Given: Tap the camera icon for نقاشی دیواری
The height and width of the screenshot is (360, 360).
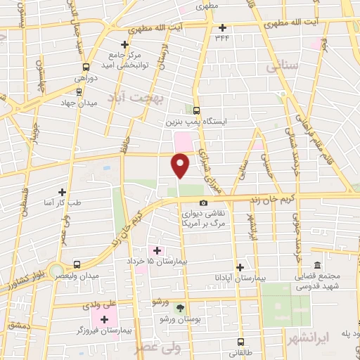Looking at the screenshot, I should click(x=204, y=203).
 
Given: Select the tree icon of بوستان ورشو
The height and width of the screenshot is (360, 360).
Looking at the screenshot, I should click(x=180, y=307).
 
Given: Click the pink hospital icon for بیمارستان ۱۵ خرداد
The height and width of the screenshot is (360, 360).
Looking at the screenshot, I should click(x=156, y=250).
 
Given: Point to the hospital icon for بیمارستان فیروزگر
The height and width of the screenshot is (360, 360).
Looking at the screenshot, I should click(x=105, y=320).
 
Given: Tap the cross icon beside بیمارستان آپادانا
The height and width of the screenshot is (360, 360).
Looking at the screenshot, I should click(x=240, y=267).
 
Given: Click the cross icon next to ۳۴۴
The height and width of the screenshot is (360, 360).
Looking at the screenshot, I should click(x=223, y=28).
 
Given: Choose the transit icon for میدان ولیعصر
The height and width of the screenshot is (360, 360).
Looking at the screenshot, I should click(x=77, y=265).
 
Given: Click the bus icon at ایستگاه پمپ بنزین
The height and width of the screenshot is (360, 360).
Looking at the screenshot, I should click(x=197, y=110).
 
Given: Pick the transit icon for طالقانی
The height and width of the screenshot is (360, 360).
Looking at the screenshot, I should click(x=240, y=343).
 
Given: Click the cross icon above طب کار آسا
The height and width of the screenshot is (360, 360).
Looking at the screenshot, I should click(x=63, y=191).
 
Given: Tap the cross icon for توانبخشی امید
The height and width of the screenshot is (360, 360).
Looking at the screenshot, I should click(x=124, y=44).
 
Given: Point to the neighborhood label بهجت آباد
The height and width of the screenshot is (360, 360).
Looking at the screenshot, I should click(x=135, y=101).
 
